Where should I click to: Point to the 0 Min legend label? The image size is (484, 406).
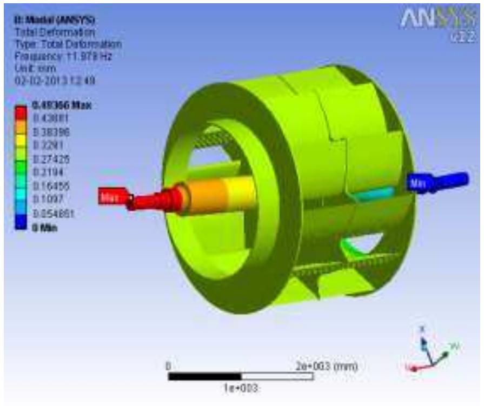45,228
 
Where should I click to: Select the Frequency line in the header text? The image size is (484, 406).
62,55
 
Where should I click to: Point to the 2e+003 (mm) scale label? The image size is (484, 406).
328,366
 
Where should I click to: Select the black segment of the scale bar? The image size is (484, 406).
204,376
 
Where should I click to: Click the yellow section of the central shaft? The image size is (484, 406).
240,192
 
